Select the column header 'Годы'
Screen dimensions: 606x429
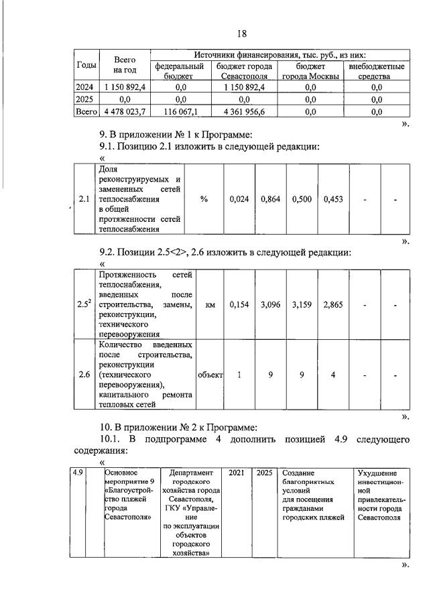pyautogui.click(x=85, y=65)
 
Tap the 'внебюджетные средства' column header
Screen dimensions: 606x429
pyautogui.click(x=376, y=72)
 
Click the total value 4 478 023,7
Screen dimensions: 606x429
pyautogui.click(x=125, y=112)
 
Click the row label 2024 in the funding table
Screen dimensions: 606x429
pyautogui.click(x=85, y=86)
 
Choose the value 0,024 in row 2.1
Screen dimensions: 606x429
pyautogui.click(x=239, y=199)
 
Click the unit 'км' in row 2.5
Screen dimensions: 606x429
pyautogui.click(x=210, y=304)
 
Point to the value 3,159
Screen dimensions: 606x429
pyautogui.click(x=302, y=304)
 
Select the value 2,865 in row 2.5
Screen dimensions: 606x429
pyautogui.click(x=333, y=304)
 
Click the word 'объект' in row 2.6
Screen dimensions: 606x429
pyautogui.click(x=210, y=375)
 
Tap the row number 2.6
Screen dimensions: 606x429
pyautogui.click(x=84, y=375)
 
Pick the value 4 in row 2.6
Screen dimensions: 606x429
pyautogui.click(x=333, y=375)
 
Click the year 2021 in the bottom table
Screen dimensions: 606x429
pyautogui.click(x=237, y=473)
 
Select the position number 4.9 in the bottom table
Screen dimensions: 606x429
pyautogui.click(x=78, y=473)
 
